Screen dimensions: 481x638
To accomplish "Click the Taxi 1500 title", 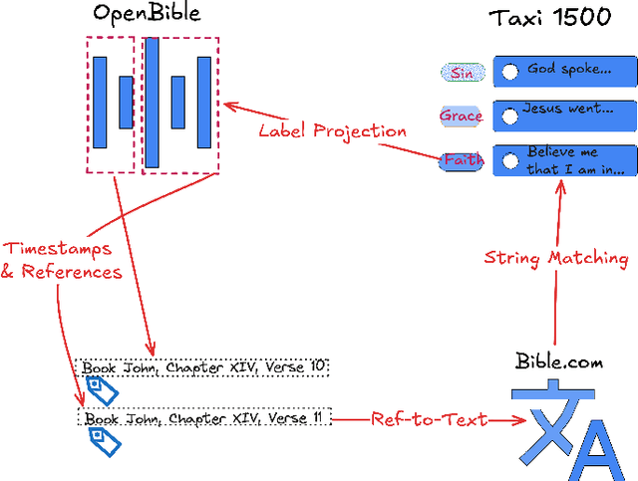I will pyautogui.click(x=550, y=17).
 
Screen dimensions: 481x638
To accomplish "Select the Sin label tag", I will pyautogui.click(x=463, y=73).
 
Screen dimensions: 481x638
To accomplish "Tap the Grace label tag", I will pyautogui.click(x=461, y=116).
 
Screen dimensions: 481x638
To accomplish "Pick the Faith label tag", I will pyautogui.click(x=462, y=160).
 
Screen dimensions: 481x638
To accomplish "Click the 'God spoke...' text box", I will pyautogui.click(x=564, y=71).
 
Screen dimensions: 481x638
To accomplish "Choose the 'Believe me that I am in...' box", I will pyautogui.click(x=564, y=160).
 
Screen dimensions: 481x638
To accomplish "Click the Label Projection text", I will pyautogui.click(x=332, y=130).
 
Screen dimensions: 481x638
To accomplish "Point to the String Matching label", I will pyautogui.click(x=555, y=258).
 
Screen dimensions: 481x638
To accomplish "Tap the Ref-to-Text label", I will pyautogui.click(x=429, y=420).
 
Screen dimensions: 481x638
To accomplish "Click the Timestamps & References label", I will pyautogui.click(x=61, y=260).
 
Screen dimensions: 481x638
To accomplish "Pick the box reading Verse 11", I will pyautogui.click(x=203, y=418).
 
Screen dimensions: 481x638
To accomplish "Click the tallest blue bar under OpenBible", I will pyautogui.click(x=153, y=103).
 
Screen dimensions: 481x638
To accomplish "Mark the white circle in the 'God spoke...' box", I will pyautogui.click(x=510, y=72).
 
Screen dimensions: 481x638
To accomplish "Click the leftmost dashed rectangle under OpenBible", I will pyautogui.click(x=110, y=105).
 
